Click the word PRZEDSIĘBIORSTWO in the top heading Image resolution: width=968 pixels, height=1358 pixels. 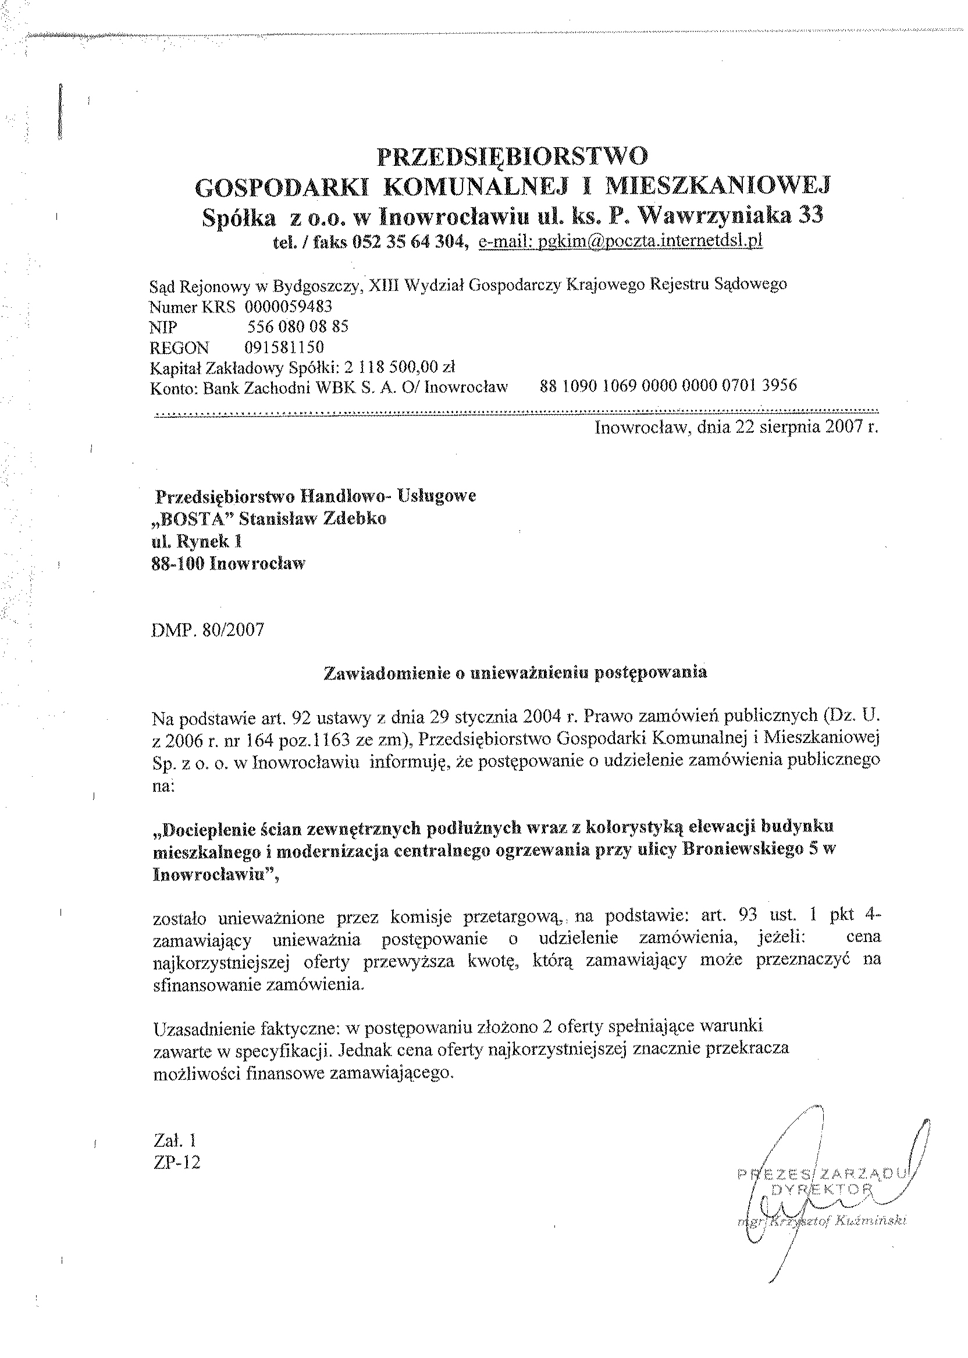click(513, 156)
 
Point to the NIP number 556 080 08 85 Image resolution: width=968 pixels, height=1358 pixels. click(297, 326)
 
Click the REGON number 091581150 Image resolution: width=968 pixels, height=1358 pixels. click(284, 347)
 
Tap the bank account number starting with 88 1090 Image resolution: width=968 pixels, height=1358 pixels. click(668, 386)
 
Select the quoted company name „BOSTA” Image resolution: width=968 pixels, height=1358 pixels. click(194, 518)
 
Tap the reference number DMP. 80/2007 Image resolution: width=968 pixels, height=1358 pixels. click(208, 630)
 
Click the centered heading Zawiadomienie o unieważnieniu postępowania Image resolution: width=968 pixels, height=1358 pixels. click(515, 673)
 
